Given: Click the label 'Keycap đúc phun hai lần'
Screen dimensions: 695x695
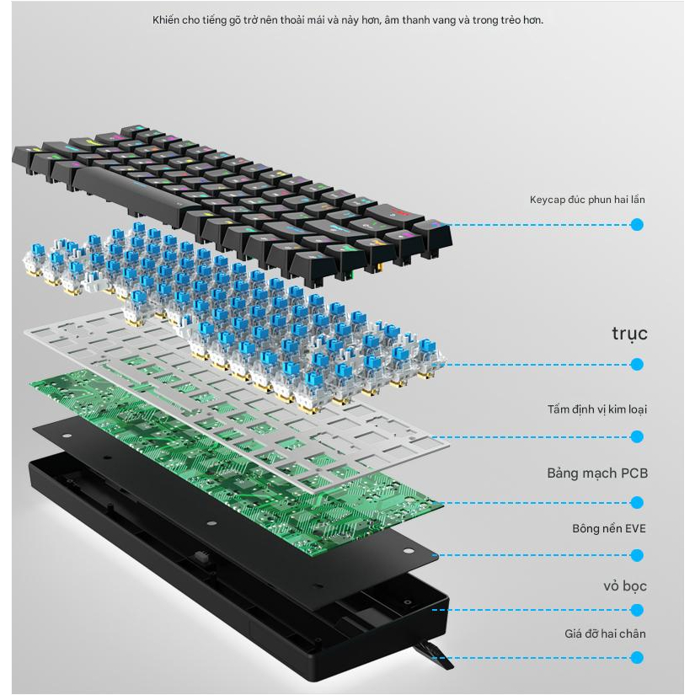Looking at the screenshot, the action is coord(587,200).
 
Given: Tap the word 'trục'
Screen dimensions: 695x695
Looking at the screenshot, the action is coord(629,334).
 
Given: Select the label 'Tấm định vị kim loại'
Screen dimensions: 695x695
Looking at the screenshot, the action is coord(597,409).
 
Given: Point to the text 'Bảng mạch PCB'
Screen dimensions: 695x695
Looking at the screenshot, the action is coord(597,473).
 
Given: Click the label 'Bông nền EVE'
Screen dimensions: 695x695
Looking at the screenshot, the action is coord(609,528).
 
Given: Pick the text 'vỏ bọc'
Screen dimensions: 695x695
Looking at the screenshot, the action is coord(625,586).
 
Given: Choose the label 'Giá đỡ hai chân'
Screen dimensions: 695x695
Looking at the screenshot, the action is coord(605,634).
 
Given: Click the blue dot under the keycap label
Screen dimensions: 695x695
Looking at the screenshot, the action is coord(637,225).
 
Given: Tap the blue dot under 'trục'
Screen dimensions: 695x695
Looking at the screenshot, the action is coord(637,364).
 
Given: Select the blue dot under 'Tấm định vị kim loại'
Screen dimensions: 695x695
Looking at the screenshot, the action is coord(637,436).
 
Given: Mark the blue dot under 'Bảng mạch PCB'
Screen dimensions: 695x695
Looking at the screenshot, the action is coord(637,503).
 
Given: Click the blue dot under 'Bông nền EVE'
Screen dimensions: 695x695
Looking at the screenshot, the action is coord(637,555).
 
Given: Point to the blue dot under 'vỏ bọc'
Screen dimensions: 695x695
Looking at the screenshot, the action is coord(637,610).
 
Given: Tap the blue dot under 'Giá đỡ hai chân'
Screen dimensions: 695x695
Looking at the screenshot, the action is coord(637,657).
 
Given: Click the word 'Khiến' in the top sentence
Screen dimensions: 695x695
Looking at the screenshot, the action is coord(166,20).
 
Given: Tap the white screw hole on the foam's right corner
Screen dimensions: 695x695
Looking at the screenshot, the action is coord(409,551).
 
